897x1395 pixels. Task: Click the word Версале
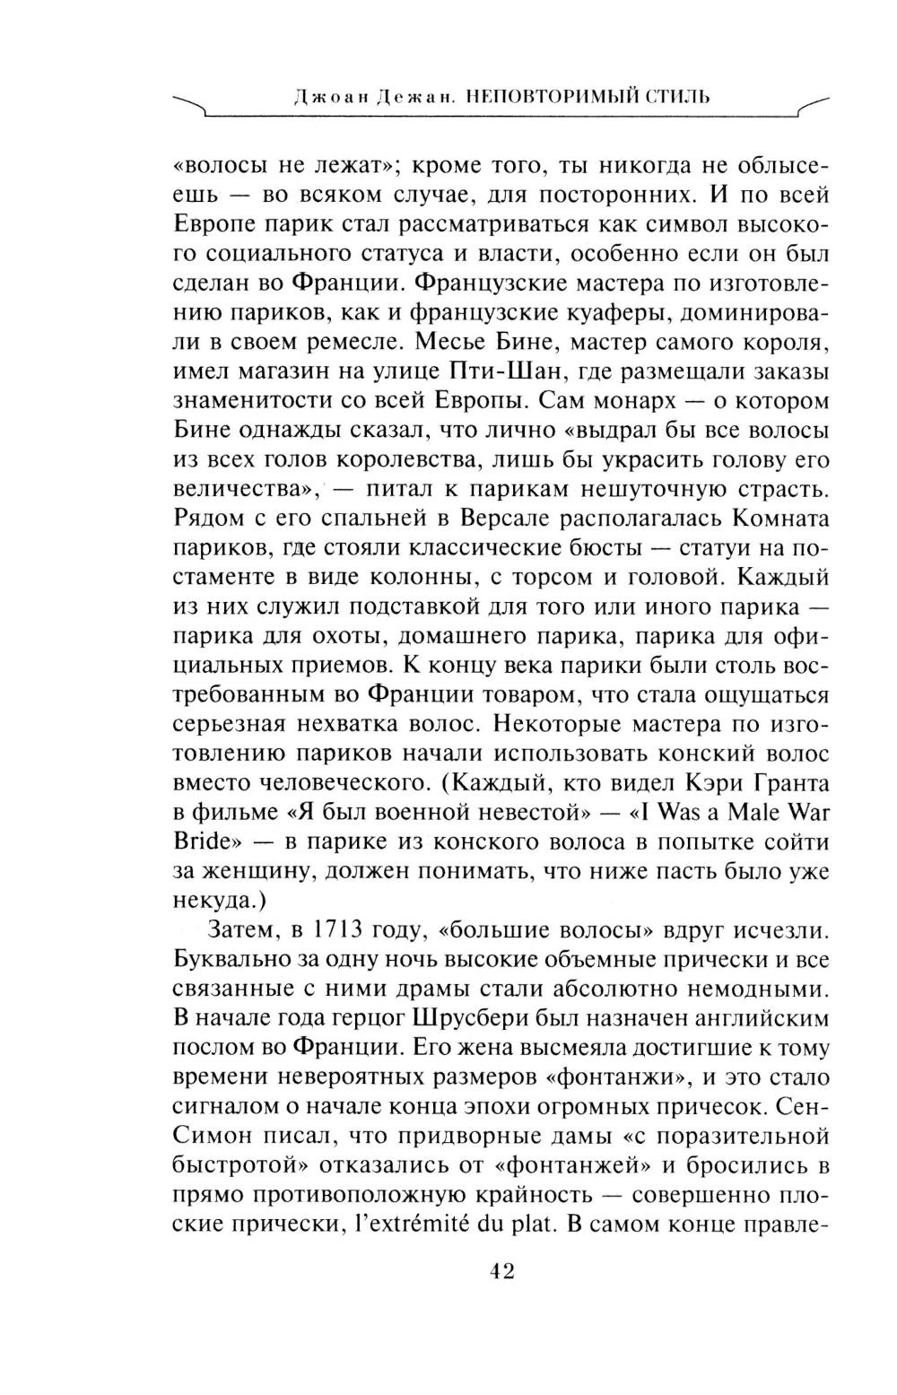pyautogui.click(x=507, y=519)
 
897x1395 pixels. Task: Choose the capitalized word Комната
pyautogui.click(x=780, y=519)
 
